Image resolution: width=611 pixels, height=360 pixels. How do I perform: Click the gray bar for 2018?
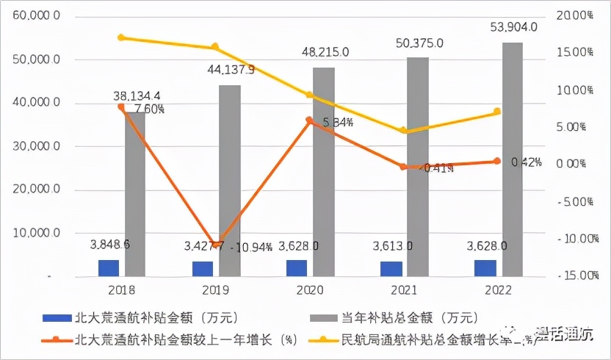[x=135, y=195]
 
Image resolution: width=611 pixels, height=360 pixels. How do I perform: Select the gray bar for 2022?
[x=513, y=159]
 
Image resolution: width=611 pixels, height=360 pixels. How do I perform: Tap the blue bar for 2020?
[x=297, y=268]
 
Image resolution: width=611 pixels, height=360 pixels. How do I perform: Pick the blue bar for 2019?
[x=203, y=269]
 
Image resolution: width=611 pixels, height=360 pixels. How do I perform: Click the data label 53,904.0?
[x=513, y=27]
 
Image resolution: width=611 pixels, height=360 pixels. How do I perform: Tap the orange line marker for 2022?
[x=497, y=161]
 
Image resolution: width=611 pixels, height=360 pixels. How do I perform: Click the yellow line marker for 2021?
[x=403, y=131]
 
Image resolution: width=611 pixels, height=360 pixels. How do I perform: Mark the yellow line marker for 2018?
[x=121, y=37]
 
